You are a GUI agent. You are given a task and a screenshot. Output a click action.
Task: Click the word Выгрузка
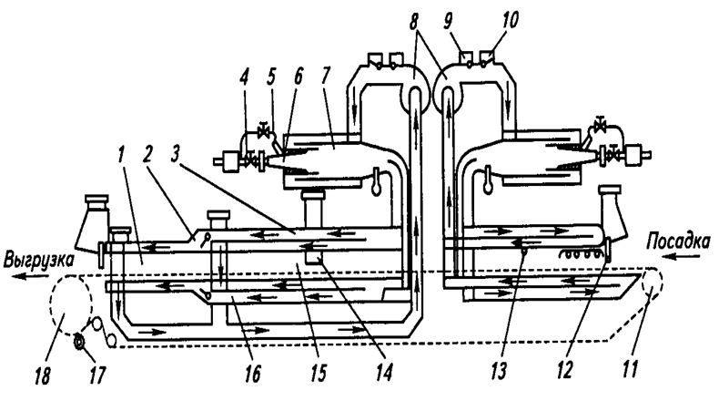tap(38, 261)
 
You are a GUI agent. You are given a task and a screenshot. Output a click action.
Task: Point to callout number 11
tap(630, 367)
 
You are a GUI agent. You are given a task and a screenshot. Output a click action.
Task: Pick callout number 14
tap(384, 373)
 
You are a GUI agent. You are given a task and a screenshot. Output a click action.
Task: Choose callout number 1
tap(121, 155)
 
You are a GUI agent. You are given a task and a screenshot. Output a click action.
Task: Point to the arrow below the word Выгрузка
tap(28, 275)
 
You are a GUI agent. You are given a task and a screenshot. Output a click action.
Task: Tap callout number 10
tap(509, 21)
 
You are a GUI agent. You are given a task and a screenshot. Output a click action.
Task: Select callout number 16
tap(253, 374)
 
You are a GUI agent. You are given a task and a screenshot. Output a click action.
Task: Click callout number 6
tap(298, 77)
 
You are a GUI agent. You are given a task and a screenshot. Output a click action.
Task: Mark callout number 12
tap(565, 370)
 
